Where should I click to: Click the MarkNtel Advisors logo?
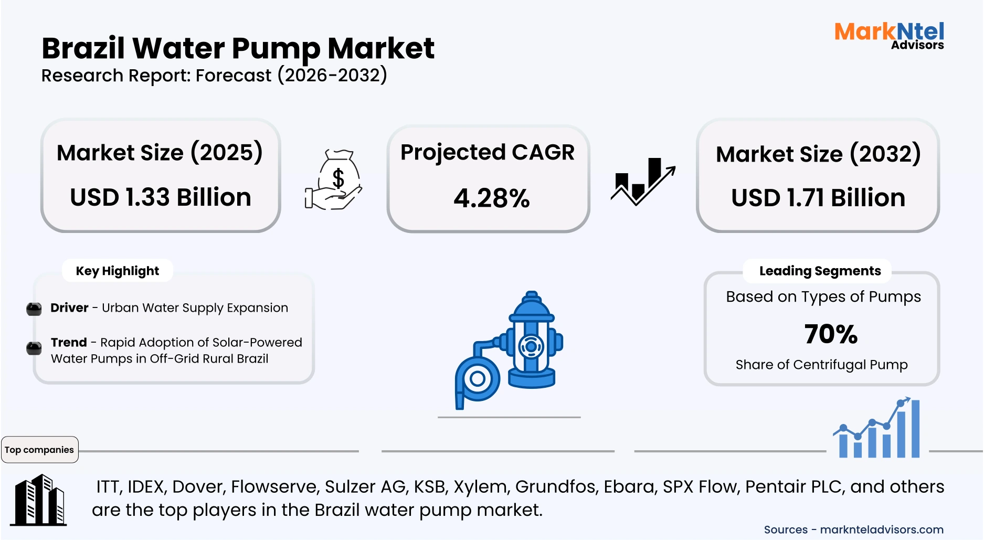(x=889, y=35)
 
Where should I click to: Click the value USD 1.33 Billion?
(x=161, y=197)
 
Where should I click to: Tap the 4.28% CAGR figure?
(x=491, y=198)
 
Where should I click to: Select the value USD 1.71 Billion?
(x=818, y=198)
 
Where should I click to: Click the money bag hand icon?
(x=334, y=180)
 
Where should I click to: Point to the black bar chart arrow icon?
(x=642, y=181)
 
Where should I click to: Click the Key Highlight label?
(x=117, y=271)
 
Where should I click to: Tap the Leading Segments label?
(x=820, y=271)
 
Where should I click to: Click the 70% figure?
(x=830, y=334)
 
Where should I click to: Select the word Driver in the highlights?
(x=69, y=307)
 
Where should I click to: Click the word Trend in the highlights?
(x=69, y=342)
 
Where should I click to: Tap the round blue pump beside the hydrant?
(x=477, y=379)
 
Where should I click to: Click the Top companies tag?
(x=39, y=450)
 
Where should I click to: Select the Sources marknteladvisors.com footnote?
(x=853, y=529)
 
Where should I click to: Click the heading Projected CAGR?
(x=487, y=152)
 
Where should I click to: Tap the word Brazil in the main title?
(x=83, y=48)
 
